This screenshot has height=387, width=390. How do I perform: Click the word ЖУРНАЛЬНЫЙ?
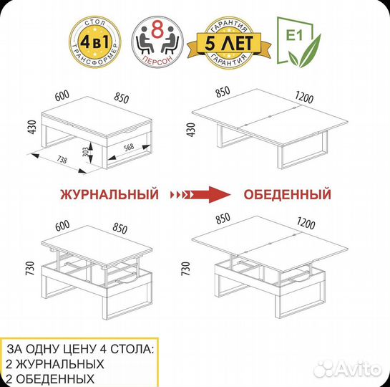pyautogui.click(x=109, y=194)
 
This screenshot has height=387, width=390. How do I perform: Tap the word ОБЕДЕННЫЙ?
pyautogui.click(x=287, y=194)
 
